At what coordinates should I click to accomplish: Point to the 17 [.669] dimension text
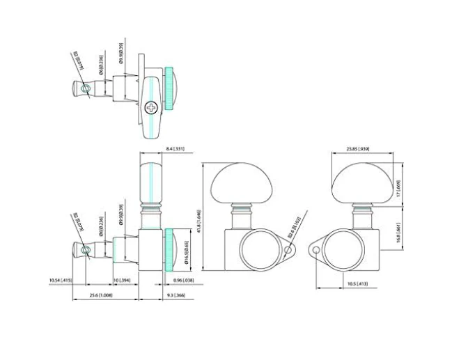tap(398, 185)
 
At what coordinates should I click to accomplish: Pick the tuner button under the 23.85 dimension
tap(358, 182)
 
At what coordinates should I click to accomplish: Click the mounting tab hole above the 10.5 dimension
tap(315, 250)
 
